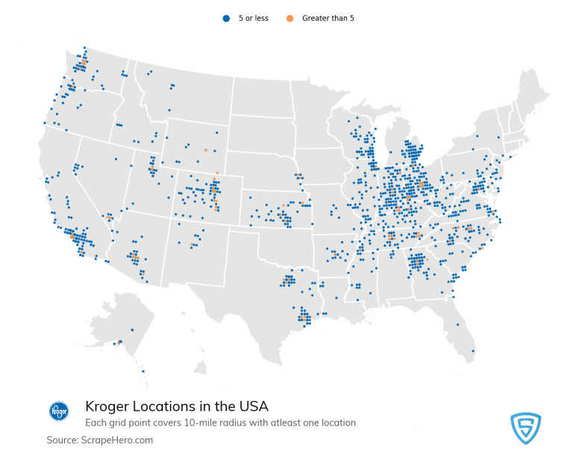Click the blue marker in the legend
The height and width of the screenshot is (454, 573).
click(x=226, y=18)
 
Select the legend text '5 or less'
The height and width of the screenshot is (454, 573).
click(x=254, y=18)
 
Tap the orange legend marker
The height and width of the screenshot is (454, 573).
click(x=289, y=18)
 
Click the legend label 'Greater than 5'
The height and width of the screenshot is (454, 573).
click(x=328, y=18)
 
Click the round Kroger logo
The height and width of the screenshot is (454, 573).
click(x=58, y=411)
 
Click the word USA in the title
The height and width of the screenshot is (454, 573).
click(x=251, y=406)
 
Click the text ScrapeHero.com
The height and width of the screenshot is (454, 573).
click(x=118, y=440)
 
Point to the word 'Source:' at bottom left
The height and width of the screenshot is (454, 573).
click(x=63, y=440)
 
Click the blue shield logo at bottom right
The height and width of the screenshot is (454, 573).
click(x=525, y=428)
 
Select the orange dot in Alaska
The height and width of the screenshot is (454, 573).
click(x=117, y=343)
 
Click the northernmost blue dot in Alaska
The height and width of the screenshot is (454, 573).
click(x=132, y=329)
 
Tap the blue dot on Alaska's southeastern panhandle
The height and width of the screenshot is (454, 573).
click(x=143, y=371)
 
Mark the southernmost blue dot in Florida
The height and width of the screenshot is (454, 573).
click(x=473, y=351)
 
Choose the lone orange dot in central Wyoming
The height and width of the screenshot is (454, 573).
click(x=205, y=150)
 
